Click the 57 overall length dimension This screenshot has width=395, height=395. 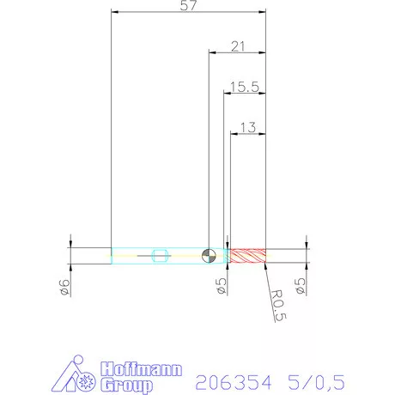pyautogui.click(x=187, y=7)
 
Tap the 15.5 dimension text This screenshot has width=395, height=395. pyautogui.click(x=244, y=87)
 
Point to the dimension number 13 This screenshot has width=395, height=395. pyautogui.click(x=247, y=127)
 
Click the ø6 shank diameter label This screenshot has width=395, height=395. pyautogui.click(x=63, y=286)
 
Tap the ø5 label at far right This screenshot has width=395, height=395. pyautogui.click(x=299, y=286)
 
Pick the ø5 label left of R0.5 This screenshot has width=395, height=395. pyautogui.click(x=220, y=286)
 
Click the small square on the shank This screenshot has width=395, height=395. pyautogui.click(x=158, y=255)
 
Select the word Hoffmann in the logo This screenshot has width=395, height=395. pyautogui.click(x=141, y=368)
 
